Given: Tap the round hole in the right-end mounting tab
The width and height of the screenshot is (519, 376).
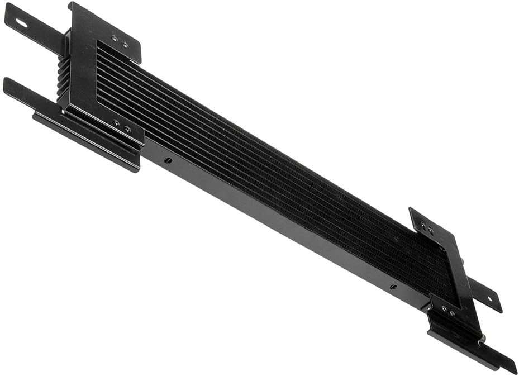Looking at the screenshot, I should click(490, 299).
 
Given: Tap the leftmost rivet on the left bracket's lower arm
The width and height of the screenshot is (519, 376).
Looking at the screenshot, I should click(116, 123).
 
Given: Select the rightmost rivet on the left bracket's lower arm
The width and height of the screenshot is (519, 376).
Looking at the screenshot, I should click(127, 129).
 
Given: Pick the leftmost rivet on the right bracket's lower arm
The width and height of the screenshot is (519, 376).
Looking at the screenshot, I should click(444, 308).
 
